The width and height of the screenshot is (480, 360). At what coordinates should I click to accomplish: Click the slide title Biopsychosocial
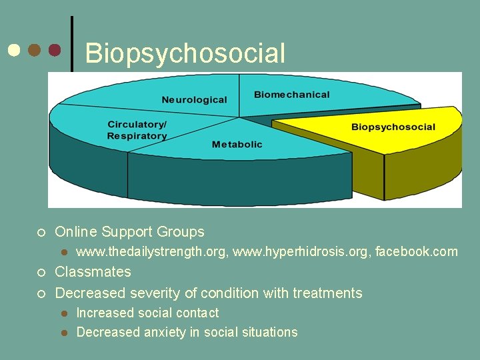click(x=185, y=53)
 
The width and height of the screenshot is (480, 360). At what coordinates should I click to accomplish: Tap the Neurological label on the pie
click(x=194, y=100)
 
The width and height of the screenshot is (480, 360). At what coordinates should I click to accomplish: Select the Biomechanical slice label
click(x=291, y=95)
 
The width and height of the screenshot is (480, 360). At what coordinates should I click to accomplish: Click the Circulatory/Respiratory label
click(x=137, y=130)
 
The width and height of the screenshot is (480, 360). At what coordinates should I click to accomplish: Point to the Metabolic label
click(x=237, y=145)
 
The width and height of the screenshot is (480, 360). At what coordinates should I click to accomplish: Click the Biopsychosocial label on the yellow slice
click(x=393, y=127)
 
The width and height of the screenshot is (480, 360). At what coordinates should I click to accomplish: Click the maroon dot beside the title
click(x=55, y=50)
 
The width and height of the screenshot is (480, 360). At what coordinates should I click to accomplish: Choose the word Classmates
click(x=93, y=272)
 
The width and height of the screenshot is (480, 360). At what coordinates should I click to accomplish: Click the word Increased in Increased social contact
click(x=104, y=313)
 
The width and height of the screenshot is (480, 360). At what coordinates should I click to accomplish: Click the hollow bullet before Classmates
click(x=41, y=273)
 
